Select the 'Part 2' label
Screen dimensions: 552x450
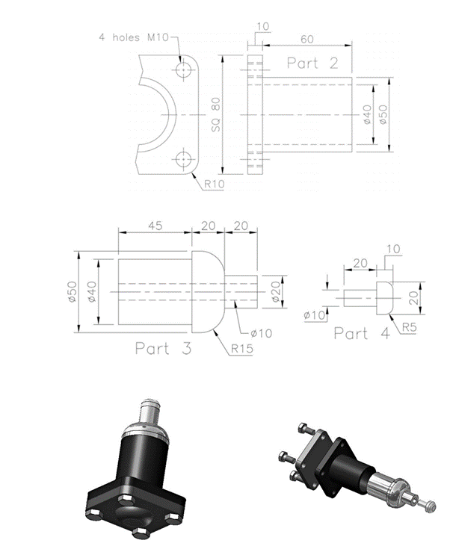tap(313, 64)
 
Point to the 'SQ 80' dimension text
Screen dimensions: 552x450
tap(216, 116)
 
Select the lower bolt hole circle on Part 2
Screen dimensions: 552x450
tap(183, 158)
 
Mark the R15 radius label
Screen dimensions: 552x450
tap(243, 348)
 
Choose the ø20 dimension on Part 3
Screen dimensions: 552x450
tap(276, 289)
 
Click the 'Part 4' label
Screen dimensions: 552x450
tap(362, 334)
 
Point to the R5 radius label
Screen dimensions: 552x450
tap(409, 326)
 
